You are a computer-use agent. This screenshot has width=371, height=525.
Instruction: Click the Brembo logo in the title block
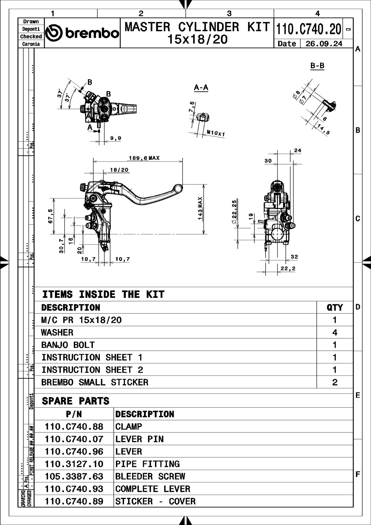(82, 33)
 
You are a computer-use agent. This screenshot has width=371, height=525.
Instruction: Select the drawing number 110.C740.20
(309, 29)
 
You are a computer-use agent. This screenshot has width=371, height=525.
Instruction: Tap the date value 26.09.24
(324, 44)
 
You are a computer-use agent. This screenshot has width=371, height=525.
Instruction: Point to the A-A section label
(201, 88)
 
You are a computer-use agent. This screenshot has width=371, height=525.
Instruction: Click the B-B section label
(317, 66)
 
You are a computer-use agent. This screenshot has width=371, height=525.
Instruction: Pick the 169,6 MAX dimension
(144, 158)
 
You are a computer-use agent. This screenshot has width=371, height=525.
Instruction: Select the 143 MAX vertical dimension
(200, 208)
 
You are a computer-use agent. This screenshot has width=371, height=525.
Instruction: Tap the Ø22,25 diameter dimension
(234, 211)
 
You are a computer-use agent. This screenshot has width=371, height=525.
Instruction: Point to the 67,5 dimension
(50, 216)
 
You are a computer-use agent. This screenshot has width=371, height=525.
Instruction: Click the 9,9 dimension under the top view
(116, 138)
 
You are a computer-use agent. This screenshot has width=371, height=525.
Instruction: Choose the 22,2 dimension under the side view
(288, 269)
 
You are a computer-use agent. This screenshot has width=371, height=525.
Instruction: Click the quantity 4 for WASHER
(335, 333)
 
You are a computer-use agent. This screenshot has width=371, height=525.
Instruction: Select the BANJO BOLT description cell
(68, 345)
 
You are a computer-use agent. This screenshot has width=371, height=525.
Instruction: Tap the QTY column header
(335, 308)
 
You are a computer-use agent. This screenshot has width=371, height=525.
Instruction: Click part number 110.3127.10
(74, 464)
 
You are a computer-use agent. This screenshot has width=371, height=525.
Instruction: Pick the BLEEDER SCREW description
(150, 476)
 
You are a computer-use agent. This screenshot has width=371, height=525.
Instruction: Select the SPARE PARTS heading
(75, 401)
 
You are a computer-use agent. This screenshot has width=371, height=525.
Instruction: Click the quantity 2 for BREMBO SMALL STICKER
(335, 382)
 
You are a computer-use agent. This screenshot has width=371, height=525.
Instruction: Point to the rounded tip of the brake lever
(178, 188)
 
